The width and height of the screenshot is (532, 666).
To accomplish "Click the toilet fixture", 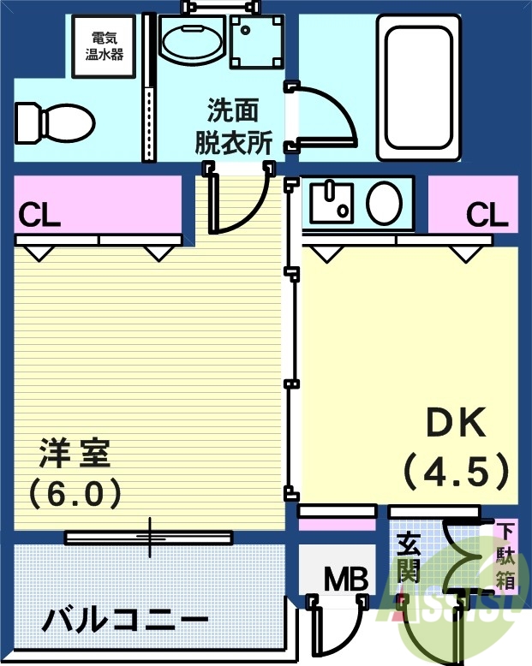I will pos(53,123).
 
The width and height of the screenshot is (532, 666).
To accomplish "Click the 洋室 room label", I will pos(75,453).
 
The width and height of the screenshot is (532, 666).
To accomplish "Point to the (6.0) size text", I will pos(75,492).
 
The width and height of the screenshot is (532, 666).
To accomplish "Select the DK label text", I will pos(457,421).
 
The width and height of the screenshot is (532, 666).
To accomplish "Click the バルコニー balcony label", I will pos(126,619).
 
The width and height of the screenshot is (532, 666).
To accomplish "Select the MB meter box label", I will pos(346,580).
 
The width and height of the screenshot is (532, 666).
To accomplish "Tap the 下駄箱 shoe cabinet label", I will pos(506,556).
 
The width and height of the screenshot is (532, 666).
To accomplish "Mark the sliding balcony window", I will pos(149,538).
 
